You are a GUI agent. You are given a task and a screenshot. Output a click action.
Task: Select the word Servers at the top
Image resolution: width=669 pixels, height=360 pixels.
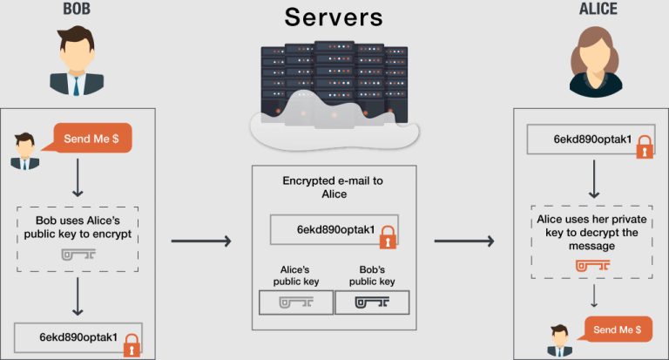(333, 18)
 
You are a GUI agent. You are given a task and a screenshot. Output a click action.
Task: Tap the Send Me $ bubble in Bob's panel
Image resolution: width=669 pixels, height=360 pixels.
(92, 139)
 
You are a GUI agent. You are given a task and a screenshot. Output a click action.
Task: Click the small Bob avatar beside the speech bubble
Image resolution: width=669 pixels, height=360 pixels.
(25, 150)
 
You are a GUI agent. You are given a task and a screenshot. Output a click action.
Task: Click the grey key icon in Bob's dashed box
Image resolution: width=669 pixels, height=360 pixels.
(78, 255)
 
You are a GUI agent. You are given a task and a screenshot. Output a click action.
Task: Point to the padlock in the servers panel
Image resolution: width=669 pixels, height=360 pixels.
(388, 235)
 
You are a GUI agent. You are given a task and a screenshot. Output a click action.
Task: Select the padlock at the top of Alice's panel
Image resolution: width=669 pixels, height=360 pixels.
(644, 146)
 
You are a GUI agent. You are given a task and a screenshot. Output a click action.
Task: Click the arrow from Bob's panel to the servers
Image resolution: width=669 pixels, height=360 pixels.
(201, 241)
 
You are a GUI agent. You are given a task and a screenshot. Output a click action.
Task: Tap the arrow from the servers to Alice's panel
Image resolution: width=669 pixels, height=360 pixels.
(465, 241)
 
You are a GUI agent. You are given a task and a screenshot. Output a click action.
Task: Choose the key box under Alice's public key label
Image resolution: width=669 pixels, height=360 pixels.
(296, 302)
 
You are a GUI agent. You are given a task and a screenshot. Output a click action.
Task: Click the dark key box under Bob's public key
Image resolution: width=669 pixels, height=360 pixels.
(373, 302)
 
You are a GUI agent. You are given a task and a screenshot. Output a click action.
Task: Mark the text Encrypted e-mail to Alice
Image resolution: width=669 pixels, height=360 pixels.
(333, 187)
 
